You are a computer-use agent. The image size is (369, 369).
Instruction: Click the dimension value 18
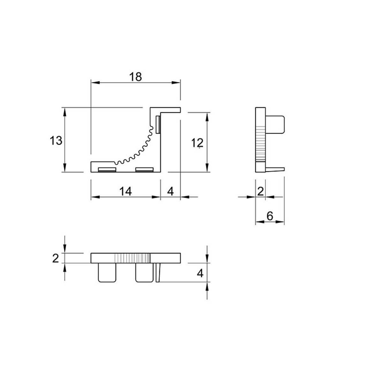[136, 77]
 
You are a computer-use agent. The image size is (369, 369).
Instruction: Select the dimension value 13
[56, 141]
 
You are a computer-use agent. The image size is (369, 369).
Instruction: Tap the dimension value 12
[197, 143]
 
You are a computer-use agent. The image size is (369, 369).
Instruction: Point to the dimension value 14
[126, 191]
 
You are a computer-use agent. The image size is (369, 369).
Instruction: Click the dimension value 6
[270, 216]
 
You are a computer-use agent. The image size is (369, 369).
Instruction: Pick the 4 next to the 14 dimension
[170, 191]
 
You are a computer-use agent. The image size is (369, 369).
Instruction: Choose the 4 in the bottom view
[200, 273]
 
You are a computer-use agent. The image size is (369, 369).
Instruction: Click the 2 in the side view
[260, 192]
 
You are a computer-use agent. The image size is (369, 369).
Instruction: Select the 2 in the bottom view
[56, 258]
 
